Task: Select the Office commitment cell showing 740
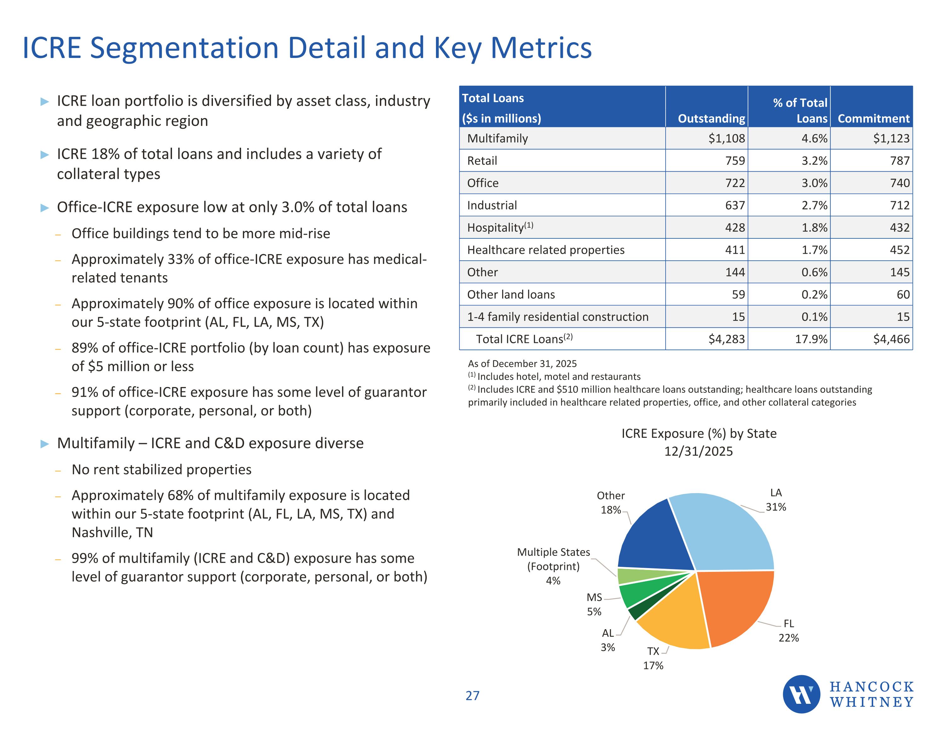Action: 900,183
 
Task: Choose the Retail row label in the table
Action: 482,161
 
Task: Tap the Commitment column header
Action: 873,118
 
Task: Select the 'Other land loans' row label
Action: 511,295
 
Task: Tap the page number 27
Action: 472,696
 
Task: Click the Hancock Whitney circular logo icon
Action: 801,694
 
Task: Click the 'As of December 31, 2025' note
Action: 522,364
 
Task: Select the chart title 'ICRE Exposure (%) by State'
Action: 699,434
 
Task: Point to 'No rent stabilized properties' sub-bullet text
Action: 161,470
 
